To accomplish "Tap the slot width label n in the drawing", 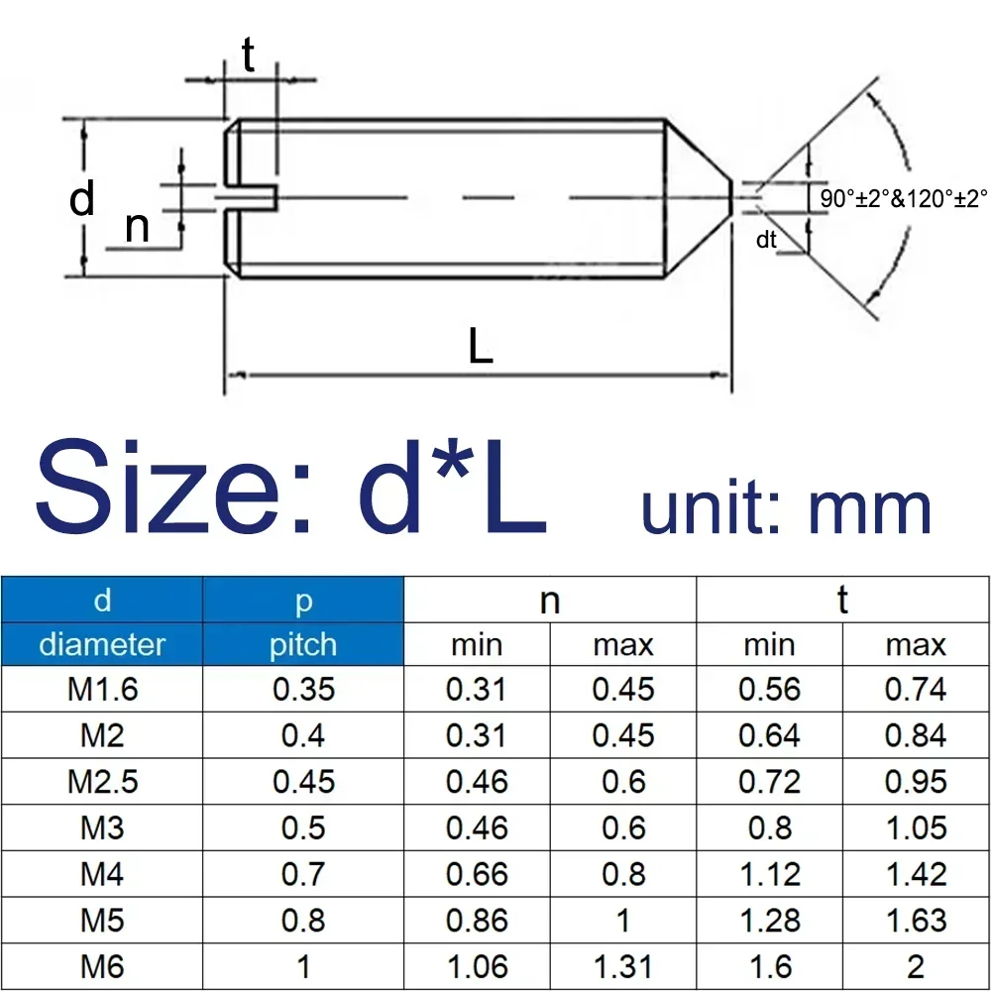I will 137,228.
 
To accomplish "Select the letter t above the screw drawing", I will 248,56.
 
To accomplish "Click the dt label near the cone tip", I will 766,239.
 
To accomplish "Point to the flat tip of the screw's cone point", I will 731,197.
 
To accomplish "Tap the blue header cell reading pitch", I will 303,645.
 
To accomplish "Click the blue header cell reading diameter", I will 102,645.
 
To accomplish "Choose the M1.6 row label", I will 102,690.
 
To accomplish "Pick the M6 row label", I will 102,966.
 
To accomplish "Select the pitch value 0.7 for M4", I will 303,874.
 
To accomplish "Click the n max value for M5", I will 623,921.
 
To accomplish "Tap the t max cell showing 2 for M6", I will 916,966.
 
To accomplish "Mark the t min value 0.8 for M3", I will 770,827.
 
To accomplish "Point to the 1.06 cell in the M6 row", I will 477,966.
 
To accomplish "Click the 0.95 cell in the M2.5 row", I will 916,782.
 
